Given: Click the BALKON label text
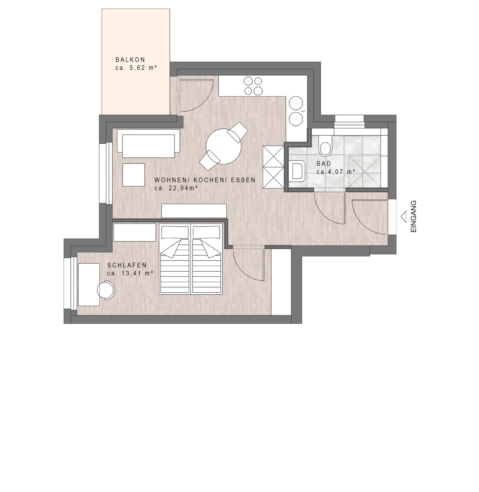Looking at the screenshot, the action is pyautogui.click(x=130, y=60).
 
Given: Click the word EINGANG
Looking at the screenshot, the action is pyautogui.click(x=414, y=217).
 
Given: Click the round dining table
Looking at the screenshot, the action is pyautogui.click(x=223, y=146).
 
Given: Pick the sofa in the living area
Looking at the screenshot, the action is pyautogui.click(x=149, y=143).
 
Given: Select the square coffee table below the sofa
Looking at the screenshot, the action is pyautogui.click(x=134, y=175).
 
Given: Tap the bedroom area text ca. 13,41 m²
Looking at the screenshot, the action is pyautogui.click(x=130, y=273).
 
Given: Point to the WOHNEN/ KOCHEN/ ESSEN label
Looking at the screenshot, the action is pyautogui.click(x=205, y=180).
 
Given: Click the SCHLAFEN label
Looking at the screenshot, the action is pyautogui.click(x=127, y=265).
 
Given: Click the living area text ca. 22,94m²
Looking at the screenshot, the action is pyautogui.click(x=176, y=188).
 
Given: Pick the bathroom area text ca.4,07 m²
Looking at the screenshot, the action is pyautogui.click(x=334, y=172).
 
